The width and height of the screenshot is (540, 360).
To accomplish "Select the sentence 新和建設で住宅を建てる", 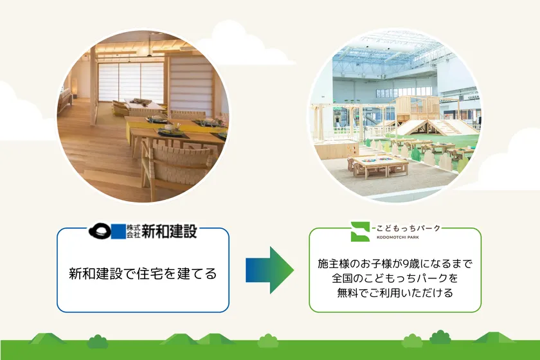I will [x=143, y=274].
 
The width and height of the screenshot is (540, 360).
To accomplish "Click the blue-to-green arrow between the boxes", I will [x=269, y=270].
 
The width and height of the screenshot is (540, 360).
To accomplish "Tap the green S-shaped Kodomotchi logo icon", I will [x=360, y=231].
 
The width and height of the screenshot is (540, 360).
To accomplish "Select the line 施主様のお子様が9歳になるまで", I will [x=395, y=264].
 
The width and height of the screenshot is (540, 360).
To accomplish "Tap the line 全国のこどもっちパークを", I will [x=395, y=279].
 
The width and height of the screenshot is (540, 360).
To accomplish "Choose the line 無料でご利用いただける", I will [x=395, y=294].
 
